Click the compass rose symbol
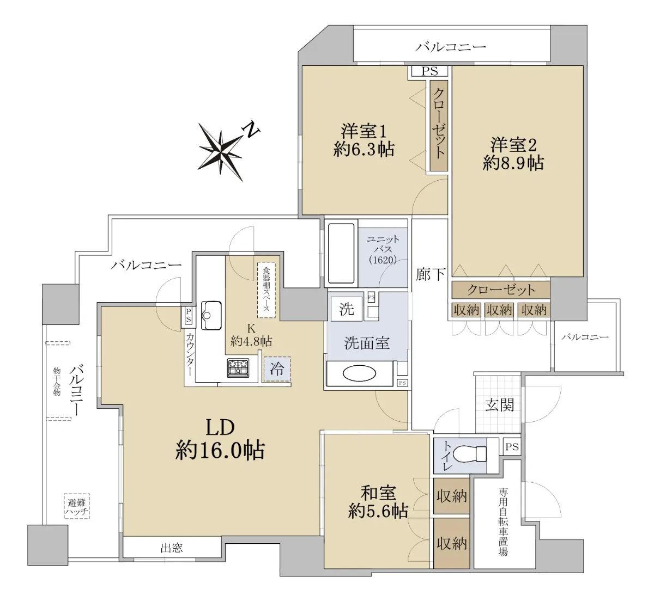(221, 152)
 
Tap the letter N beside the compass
(251, 130)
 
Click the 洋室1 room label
(364, 131)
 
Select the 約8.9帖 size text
(513, 163)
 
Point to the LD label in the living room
(220, 427)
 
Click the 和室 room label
(378, 493)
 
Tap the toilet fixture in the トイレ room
(470, 453)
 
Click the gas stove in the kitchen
(238, 368)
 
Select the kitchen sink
(211, 315)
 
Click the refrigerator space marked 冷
(277, 369)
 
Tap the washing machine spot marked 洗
(347, 309)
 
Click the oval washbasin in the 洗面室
(359, 373)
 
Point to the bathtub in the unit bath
(341, 254)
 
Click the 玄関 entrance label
(499, 405)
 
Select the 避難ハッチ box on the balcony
(77, 507)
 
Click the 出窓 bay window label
(172, 548)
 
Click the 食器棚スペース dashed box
(267, 290)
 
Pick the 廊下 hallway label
(431, 274)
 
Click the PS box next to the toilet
(512, 446)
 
